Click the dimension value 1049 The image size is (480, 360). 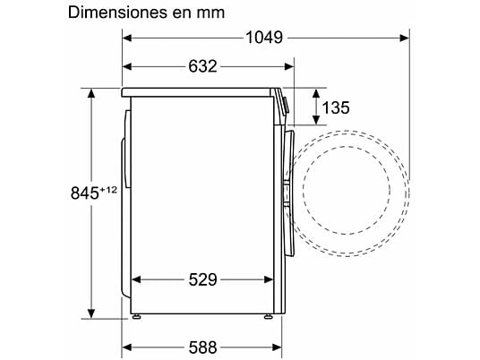264,38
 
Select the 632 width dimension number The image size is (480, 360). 202,66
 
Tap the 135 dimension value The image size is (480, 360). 336,107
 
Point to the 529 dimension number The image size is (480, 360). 202,279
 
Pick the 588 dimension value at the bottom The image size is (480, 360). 202,347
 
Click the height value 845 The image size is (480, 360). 85,193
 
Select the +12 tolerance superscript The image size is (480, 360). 108,190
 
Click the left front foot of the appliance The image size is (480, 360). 136,316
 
